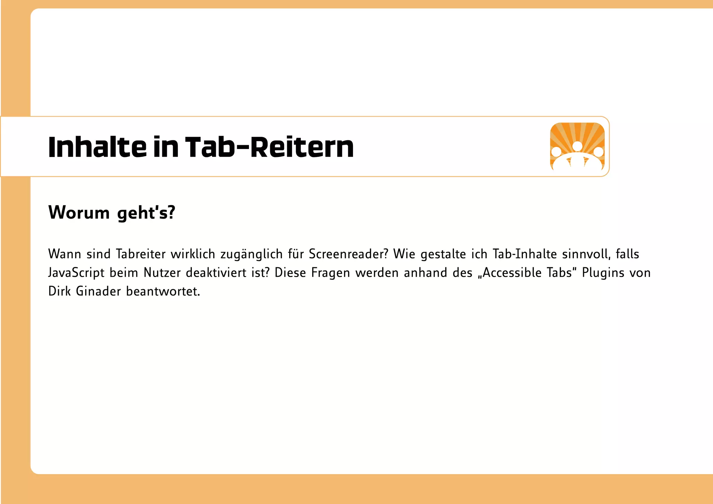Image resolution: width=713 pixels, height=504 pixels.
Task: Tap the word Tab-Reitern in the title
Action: tap(269, 147)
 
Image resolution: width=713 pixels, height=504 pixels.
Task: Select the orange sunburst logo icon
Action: tap(577, 147)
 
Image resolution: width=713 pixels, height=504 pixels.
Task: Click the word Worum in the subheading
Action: tap(79, 212)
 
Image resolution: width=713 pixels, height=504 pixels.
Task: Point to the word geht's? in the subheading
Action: tap(146, 213)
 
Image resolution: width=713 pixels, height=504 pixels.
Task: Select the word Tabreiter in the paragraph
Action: tap(141, 254)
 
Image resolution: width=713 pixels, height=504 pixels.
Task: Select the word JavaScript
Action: tap(76, 273)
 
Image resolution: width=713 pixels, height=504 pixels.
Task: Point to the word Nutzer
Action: tap(162, 273)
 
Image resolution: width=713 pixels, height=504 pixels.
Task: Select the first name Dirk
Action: tap(60, 291)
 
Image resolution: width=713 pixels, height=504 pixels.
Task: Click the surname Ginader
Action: tap(98, 291)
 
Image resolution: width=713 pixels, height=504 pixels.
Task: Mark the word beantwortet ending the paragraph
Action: tap(163, 291)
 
